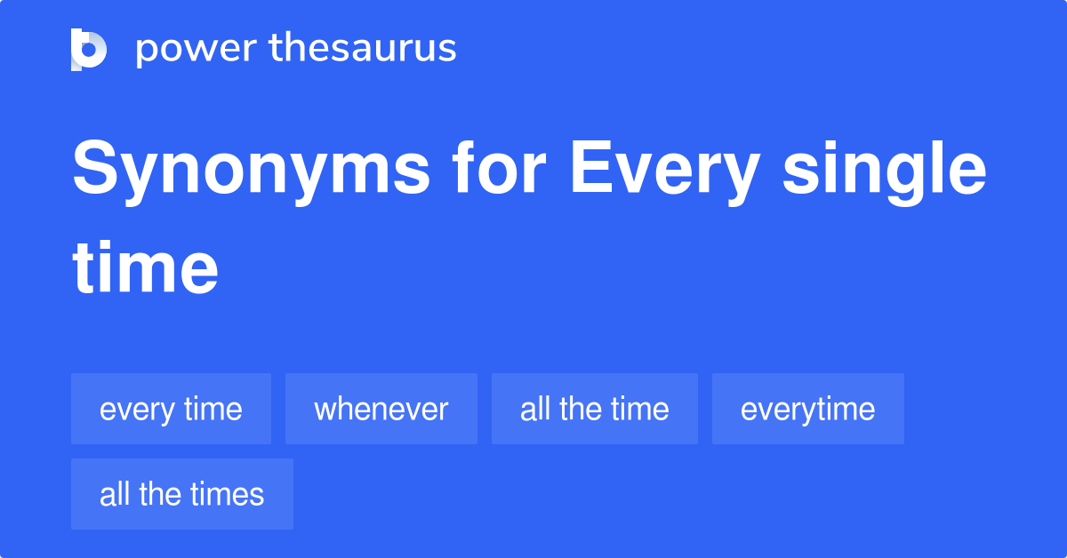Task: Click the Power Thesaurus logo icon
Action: point(89,49)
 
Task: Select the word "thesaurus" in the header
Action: point(363,49)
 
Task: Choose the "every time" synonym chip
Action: point(171,409)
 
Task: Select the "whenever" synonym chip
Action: point(381,409)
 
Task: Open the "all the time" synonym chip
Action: point(594,409)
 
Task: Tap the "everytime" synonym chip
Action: point(807,409)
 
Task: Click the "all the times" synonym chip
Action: point(181,494)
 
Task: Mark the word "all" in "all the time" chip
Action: point(535,409)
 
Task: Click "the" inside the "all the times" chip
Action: point(160,494)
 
